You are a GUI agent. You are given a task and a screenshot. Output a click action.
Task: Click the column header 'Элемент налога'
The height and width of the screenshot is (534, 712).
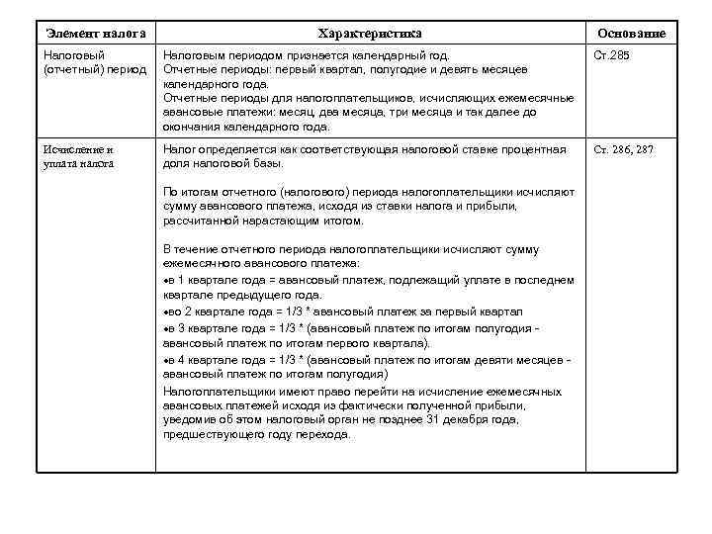90,34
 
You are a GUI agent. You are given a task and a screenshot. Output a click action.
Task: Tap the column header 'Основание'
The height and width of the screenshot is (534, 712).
631,34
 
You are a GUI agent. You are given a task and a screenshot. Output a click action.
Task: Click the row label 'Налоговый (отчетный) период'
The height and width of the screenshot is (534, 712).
94,62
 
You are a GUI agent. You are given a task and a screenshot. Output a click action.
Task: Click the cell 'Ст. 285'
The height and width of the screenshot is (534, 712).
610,55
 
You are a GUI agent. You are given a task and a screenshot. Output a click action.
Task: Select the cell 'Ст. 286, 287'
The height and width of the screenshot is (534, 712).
623,149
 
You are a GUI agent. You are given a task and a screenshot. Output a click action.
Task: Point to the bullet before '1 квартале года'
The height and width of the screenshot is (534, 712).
165,281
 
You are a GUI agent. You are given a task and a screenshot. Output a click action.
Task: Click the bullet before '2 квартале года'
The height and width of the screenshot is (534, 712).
165,311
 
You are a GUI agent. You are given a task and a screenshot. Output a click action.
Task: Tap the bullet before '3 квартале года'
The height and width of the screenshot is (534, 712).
165,327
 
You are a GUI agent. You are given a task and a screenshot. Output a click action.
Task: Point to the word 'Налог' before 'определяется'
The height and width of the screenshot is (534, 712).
179,149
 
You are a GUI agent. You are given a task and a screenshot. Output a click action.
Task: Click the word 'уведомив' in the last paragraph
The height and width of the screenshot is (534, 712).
188,419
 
